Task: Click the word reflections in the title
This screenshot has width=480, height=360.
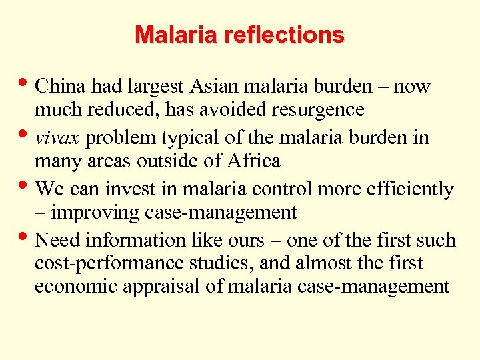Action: click(x=285, y=35)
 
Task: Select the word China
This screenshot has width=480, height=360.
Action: click(x=61, y=87)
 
